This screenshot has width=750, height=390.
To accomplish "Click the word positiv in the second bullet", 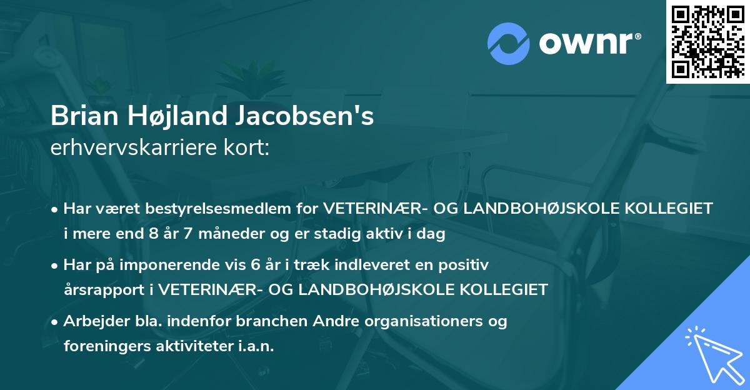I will point(466,265).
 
